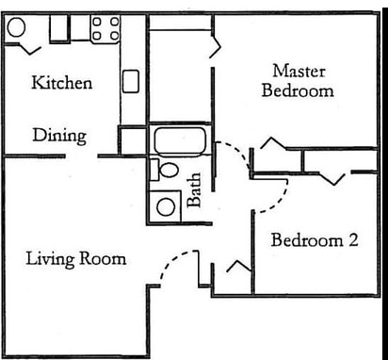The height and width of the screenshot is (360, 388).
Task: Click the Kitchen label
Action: [x=62, y=83]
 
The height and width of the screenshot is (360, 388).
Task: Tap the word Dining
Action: [x=59, y=135]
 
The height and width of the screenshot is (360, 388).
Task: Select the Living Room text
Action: [x=76, y=258]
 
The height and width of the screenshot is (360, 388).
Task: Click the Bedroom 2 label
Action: [x=315, y=240]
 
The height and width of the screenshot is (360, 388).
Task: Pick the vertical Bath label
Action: [x=195, y=189]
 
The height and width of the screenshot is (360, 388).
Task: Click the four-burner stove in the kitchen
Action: [x=105, y=27]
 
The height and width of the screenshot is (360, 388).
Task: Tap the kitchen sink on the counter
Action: [x=131, y=81]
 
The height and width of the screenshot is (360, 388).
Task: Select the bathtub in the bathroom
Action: [x=180, y=141]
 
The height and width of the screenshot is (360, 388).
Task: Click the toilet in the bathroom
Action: [x=167, y=171]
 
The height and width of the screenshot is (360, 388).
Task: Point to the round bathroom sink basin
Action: [x=168, y=206]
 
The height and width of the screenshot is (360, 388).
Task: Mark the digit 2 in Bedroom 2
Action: [x=353, y=240]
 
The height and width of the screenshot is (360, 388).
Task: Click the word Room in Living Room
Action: [x=105, y=258]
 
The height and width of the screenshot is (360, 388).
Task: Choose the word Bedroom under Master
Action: [x=299, y=91]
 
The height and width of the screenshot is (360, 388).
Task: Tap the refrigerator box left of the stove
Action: [x=60, y=27]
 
